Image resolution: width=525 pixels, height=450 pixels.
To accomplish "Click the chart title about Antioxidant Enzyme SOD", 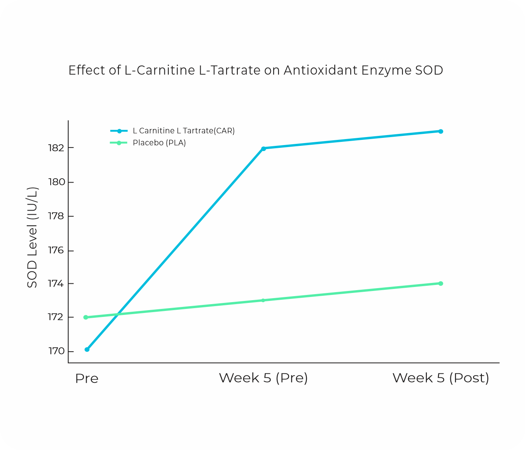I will pos(256,70).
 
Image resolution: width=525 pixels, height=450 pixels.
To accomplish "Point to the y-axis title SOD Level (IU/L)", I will pos(32,237).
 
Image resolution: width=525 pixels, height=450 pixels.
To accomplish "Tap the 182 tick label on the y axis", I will pos(56,148).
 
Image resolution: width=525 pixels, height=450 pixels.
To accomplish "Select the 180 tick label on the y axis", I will pos(56,182).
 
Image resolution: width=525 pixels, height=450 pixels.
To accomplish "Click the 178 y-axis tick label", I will pos(56,216).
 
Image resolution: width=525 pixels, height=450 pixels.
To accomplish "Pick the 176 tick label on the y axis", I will pos(56,251).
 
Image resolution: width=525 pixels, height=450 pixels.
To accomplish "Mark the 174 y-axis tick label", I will pos(56,284).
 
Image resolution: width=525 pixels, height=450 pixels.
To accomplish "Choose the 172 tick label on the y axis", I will pos(56,317).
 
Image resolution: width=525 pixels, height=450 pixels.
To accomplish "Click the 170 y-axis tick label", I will pos(56,351).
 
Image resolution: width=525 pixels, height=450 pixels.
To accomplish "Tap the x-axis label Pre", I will pos(87,378).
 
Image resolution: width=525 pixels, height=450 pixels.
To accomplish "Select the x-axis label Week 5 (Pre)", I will pos(263,378).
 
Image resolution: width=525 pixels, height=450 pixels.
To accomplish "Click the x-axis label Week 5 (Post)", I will pos(441,378).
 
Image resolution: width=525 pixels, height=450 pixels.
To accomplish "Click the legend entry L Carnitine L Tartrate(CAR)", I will pos(184,131).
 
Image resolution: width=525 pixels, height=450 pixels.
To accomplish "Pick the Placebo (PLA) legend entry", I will pos(159,143).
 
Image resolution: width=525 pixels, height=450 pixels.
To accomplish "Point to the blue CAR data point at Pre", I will pos(87,349).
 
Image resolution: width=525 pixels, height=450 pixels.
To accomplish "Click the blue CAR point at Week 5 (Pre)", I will pos(263,149).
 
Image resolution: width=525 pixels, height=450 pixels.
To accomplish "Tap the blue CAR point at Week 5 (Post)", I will pos(441,131).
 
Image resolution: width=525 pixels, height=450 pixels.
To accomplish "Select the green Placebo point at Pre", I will pos(86,317).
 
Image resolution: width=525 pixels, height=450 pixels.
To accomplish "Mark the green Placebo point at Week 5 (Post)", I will pos(441,283).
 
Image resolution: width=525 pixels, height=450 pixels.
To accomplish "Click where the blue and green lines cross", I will pos(116,315).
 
